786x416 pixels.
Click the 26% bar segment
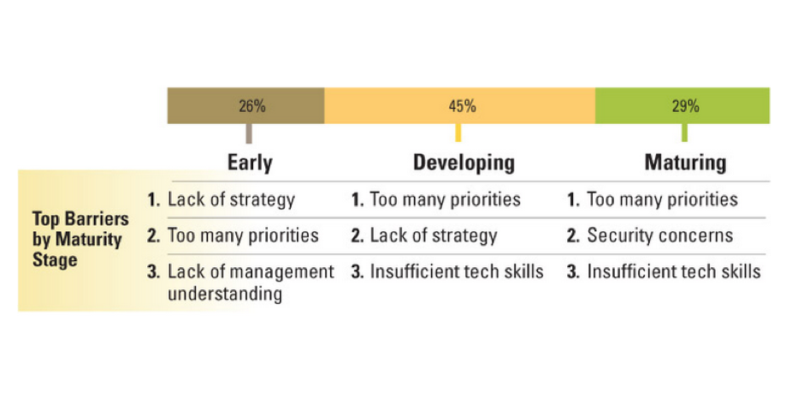click(x=245, y=106)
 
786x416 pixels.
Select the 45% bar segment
click(x=460, y=106)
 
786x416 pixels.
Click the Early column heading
click(x=250, y=162)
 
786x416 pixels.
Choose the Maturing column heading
click(x=686, y=162)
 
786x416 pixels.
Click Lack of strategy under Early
click(x=231, y=199)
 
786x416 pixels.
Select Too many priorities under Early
click(x=243, y=235)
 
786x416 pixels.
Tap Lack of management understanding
click(x=251, y=282)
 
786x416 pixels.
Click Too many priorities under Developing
click(x=445, y=199)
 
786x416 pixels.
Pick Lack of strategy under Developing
click(x=433, y=235)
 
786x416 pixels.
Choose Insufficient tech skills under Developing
click(x=456, y=272)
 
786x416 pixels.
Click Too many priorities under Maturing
click(x=662, y=199)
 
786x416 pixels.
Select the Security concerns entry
click(x=659, y=235)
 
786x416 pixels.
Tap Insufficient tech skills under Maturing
click(x=673, y=272)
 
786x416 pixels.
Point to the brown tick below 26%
click(x=248, y=134)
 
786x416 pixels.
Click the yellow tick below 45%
click(x=458, y=133)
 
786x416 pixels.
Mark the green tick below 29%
click(x=684, y=133)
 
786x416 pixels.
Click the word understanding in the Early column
click(x=225, y=294)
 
